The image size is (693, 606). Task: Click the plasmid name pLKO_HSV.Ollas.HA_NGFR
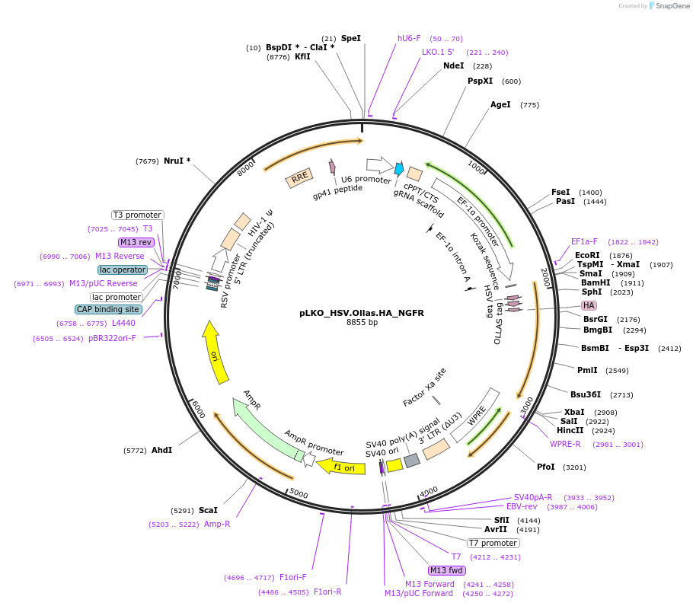362,312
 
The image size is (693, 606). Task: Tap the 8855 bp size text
362,323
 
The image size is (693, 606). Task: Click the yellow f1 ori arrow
340,467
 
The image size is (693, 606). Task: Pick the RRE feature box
299,178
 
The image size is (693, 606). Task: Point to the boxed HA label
589,305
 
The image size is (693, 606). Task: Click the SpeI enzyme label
351,38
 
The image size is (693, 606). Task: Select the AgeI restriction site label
500,105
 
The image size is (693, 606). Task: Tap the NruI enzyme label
177,161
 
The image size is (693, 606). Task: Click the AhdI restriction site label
161,450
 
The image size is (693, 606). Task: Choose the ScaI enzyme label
208,510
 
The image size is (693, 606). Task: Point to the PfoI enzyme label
546,467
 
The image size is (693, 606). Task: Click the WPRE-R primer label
565,445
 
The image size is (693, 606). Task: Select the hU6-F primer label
409,38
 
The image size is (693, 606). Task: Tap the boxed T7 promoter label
493,544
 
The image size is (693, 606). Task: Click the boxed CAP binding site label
107,309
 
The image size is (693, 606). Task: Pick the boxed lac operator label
122,270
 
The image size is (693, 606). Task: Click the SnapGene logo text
672,6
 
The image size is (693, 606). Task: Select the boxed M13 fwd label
446,570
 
